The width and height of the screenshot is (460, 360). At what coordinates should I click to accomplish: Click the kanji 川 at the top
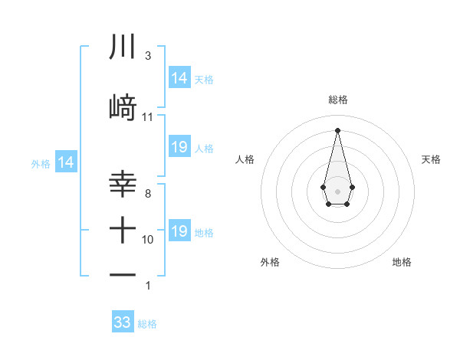[123, 47]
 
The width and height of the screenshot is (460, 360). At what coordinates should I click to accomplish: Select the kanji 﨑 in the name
[123, 108]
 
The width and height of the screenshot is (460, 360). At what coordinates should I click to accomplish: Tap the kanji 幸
[123, 185]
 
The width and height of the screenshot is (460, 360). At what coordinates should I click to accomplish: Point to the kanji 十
[123, 229]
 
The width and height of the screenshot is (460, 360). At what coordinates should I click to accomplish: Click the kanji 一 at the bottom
[123, 275]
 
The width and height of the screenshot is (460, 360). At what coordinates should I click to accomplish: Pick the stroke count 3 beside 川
[148, 56]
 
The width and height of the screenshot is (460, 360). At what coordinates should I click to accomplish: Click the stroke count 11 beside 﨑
[148, 117]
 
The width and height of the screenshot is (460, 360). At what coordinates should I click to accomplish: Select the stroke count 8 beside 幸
[148, 194]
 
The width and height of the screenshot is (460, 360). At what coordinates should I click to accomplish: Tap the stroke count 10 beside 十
[148, 240]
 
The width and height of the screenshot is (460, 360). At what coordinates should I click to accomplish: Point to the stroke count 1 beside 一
[148, 286]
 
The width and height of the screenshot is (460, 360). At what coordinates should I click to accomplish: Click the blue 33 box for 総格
[123, 322]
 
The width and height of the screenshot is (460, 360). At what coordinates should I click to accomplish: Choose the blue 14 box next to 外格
[66, 162]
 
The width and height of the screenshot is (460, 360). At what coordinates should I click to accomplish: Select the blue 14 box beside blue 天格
[179, 78]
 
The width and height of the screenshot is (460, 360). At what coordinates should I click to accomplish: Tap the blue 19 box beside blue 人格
[179, 147]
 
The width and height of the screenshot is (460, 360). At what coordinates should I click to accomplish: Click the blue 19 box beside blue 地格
[179, 231]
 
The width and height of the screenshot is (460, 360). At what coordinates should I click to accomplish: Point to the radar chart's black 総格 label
[338, 100]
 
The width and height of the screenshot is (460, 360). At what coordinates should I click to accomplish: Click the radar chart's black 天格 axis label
[432, 159]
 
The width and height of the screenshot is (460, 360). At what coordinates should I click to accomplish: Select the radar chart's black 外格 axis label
[270, 262]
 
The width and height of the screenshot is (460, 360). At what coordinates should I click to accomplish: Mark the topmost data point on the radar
[338, 129]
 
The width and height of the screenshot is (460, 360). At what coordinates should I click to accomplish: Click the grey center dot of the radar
[338, 190]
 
